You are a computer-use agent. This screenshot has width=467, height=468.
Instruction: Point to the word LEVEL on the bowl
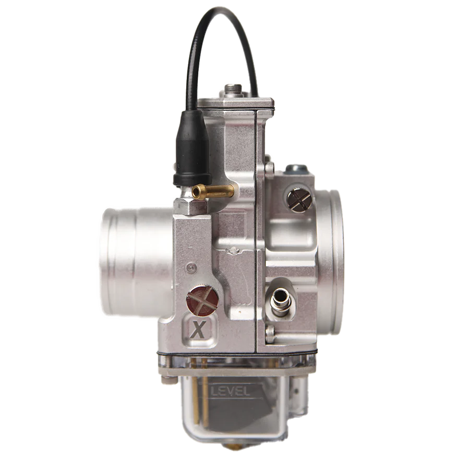pos(230,389)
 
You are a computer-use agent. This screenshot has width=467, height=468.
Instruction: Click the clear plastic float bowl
pos(235,413)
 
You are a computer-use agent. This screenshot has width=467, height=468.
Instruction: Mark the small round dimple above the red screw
pos(191,267)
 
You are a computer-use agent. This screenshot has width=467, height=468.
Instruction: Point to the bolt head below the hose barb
pos(269,331)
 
